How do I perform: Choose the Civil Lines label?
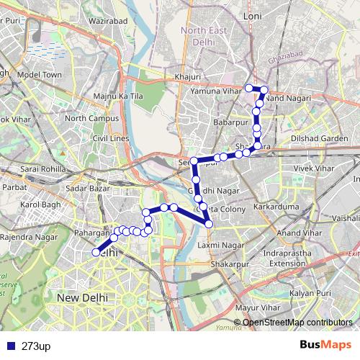(110, 138)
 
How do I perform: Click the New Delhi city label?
(83, 297)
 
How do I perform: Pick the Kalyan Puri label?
(310, 294)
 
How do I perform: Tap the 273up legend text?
(36, 346)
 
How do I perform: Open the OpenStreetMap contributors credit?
(297, 322)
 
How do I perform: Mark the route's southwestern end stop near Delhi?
(96, 252)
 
